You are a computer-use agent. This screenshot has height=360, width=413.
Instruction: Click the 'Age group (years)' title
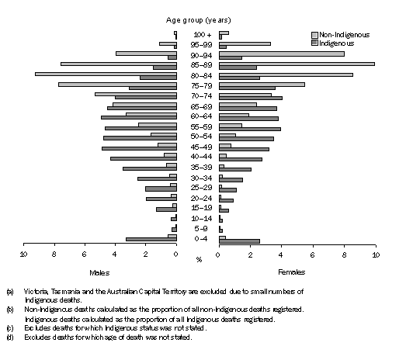(197, 18)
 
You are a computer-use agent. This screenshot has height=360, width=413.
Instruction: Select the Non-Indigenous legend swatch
(314, 35)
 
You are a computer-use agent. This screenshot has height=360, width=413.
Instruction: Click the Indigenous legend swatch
(314, 43)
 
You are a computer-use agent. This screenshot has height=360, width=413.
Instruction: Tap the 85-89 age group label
(198, 64)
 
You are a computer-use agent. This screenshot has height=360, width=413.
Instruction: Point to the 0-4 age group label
(198, 238)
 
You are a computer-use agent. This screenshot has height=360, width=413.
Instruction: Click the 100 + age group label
(198, 35)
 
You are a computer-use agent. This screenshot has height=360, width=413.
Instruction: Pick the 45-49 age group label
(198, 146)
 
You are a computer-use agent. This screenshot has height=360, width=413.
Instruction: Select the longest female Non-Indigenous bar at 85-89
(297, 64)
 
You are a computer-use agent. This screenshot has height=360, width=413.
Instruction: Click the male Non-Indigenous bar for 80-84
(106, 74)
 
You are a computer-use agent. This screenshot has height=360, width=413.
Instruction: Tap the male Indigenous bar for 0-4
(151, 240)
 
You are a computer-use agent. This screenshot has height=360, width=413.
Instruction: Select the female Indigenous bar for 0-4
(239, 241)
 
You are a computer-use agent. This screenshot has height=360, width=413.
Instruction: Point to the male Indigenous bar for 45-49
(139, 147)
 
